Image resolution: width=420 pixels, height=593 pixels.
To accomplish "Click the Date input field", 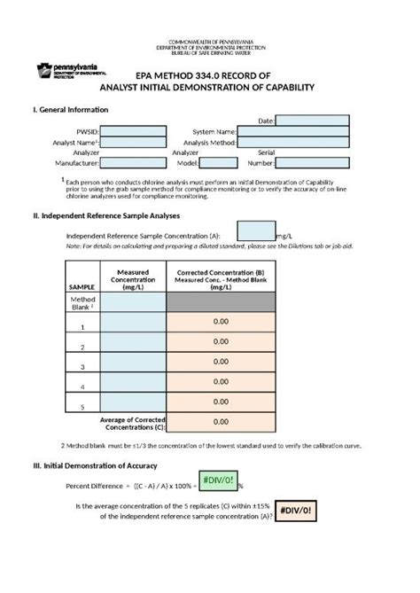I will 312,120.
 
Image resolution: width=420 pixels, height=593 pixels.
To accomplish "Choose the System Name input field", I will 293,131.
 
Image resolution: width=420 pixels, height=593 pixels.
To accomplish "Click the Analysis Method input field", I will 293,142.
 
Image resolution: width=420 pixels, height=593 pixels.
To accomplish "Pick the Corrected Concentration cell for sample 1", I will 220,322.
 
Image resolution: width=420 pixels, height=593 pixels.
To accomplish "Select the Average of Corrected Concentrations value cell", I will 220,422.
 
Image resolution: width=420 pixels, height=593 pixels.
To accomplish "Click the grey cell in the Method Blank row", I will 220,302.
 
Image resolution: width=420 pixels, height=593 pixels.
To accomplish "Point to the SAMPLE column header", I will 82,286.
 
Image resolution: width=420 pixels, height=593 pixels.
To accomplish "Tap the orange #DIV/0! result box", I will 297,511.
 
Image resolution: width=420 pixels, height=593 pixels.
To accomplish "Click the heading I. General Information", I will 70,109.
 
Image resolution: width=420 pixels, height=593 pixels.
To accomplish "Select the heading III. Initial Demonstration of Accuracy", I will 95,465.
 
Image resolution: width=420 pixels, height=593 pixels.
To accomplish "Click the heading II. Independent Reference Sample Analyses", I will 106,215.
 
